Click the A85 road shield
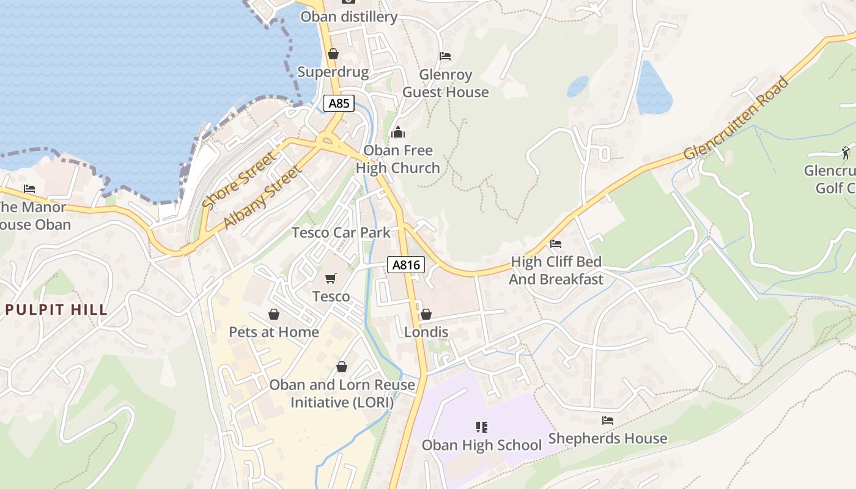pos(339,103)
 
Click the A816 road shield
pos(406,265)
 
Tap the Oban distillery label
pos(349,17)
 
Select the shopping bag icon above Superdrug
pos(333,54)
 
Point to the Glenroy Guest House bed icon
pos(445,56)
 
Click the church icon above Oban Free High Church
pos(398,132)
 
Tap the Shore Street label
pos(239,181)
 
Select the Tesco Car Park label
pos(341,232)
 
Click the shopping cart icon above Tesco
pos(331,279)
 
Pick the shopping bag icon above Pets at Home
pos(274,314)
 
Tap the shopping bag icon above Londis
pos(426,314)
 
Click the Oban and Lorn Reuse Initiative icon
pos(342,367)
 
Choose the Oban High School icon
pos(481,427)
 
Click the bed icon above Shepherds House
pos(607,421)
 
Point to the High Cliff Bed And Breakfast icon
pos(555,244)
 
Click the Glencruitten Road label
pos(737,118)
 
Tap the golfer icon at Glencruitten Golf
pos(846,152)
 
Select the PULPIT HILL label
pos(57,309)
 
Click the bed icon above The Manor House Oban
pos(29,189)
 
